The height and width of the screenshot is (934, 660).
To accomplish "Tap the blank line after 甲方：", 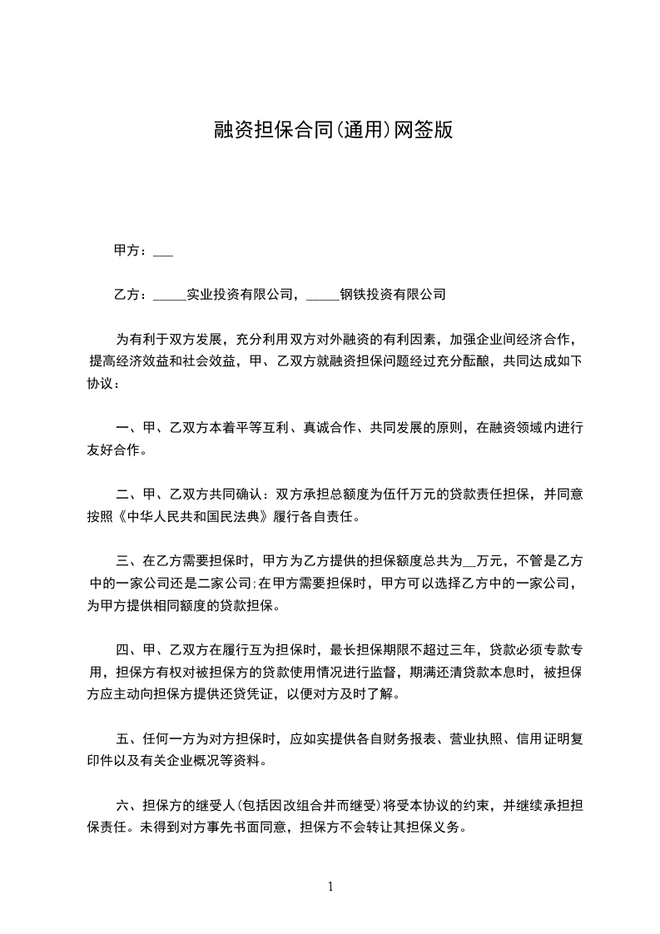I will pyautogui.click(x=163, y=251).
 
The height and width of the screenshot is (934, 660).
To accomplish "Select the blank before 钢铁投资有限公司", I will pyautogui.click(x=322, y=295).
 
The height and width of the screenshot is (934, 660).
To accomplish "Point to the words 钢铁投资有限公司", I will pyautogui.click(x=394, y=295).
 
